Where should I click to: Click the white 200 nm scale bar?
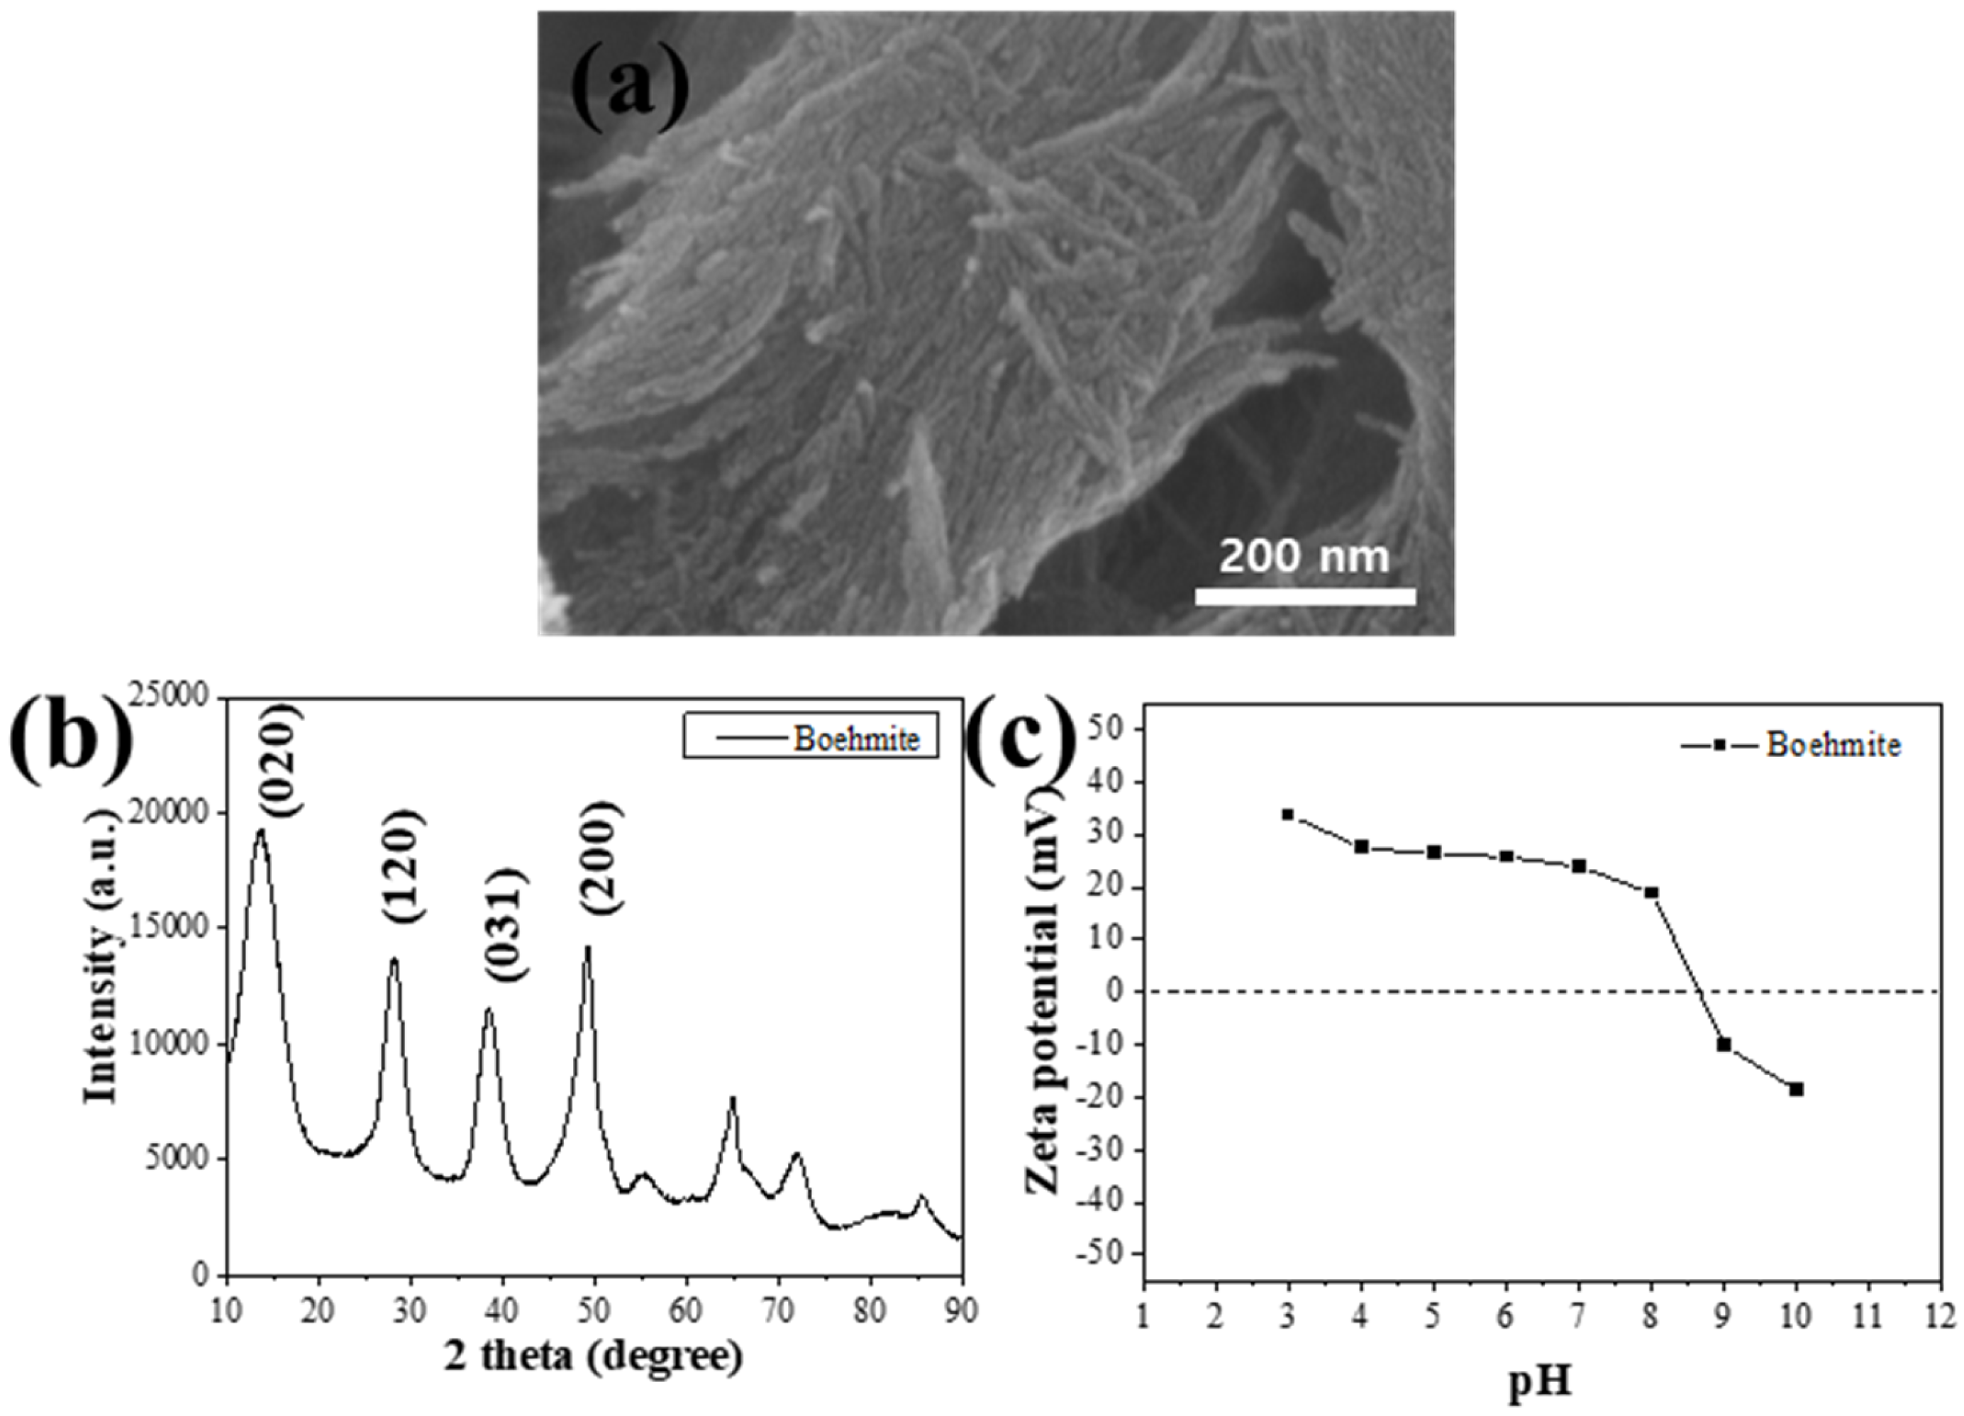coord(1305,596)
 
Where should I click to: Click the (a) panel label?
coord(631,87)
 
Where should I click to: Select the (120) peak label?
coord(401,866)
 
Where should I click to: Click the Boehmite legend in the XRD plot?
coord(811,738)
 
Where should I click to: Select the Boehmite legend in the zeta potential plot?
coord(1792,745)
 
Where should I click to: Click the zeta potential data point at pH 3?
coord(1287,814)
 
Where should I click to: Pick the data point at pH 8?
coord(1651,892)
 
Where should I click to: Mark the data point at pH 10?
coord(1797,1090)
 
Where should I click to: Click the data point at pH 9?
coord(1724,1044)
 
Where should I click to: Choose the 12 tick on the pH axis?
coord(1942,1317)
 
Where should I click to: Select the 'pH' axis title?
coord(1541,1384)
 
